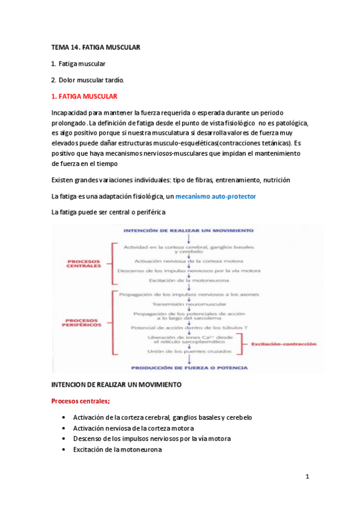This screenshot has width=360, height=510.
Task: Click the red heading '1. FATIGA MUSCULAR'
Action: click(84, 96)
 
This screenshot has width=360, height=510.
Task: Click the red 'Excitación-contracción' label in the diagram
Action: click(283, 343)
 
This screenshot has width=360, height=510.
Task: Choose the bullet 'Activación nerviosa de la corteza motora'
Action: click(133, 428)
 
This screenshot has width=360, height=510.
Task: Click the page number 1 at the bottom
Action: click(307, 477)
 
